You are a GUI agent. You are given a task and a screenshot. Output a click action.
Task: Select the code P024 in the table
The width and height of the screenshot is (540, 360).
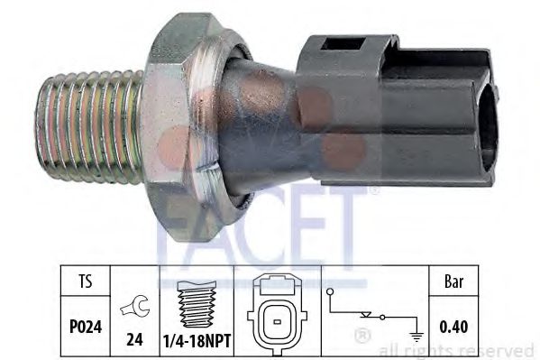tap(84, 318)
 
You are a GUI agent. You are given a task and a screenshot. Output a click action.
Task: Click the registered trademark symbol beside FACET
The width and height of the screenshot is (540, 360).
tap(373, 190)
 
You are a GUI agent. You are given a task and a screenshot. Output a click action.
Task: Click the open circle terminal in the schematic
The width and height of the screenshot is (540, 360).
tap(330, 292)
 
